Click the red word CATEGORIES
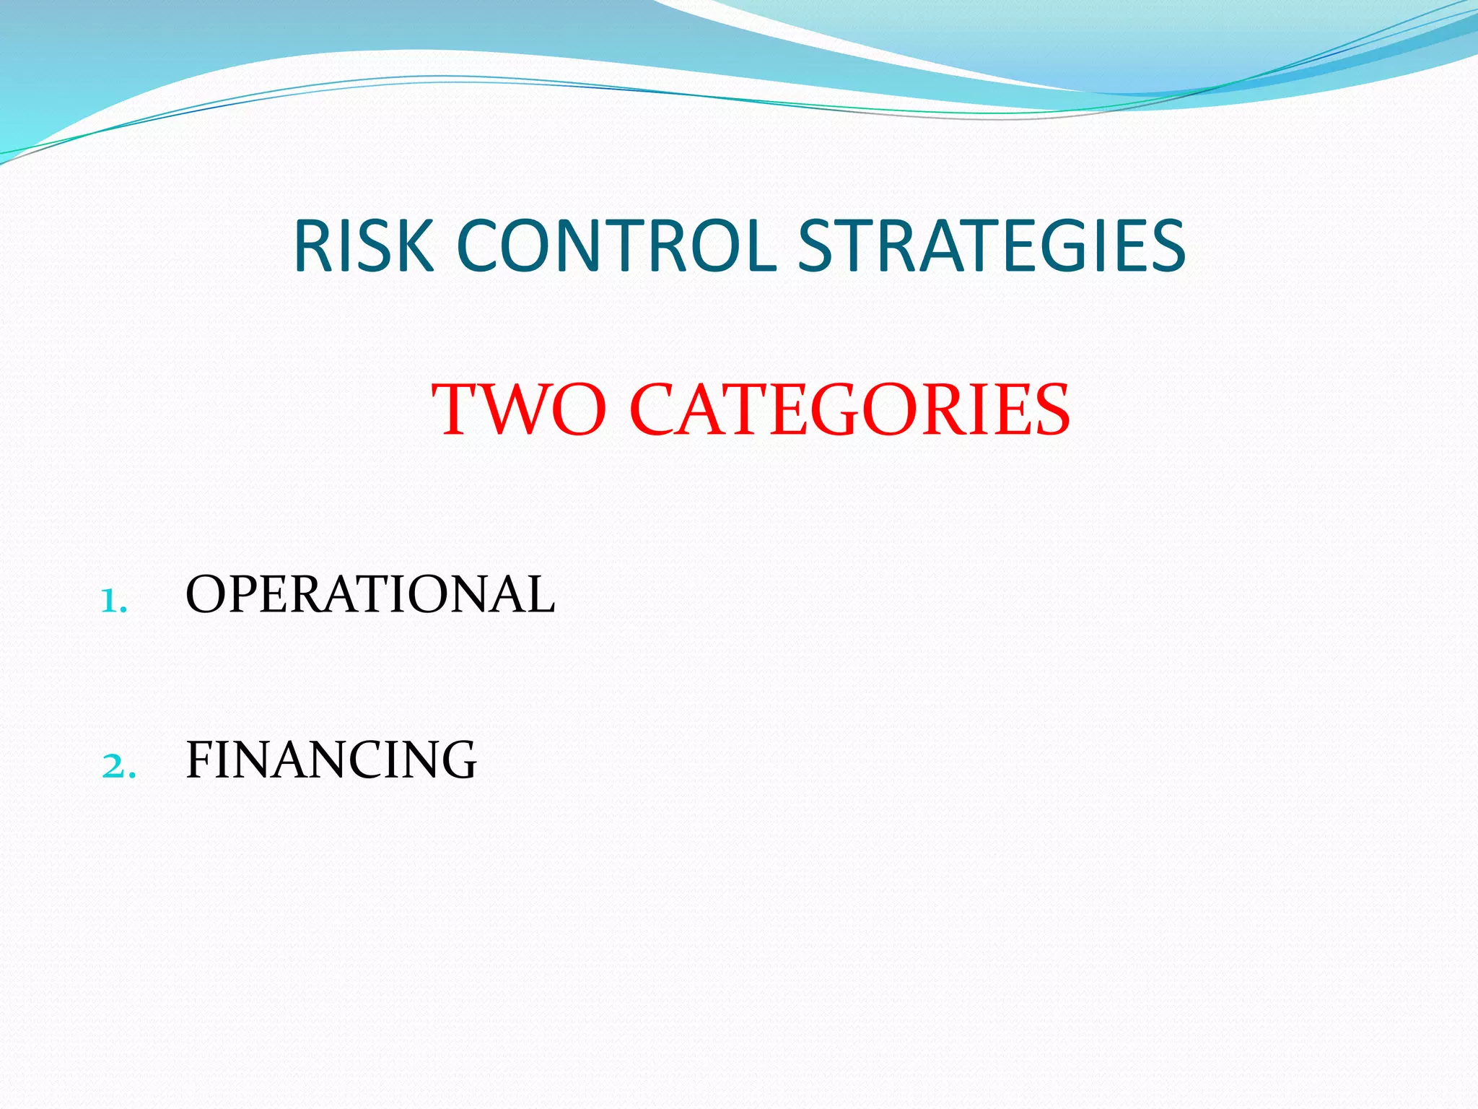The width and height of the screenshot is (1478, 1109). point(850,409)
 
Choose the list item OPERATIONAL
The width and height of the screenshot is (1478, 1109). point(370,595)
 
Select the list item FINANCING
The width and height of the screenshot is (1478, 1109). point(331,760)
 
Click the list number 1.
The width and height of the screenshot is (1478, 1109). point(112,601)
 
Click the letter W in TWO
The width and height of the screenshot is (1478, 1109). point(519,409)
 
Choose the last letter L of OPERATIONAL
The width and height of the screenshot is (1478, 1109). point(539,595)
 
